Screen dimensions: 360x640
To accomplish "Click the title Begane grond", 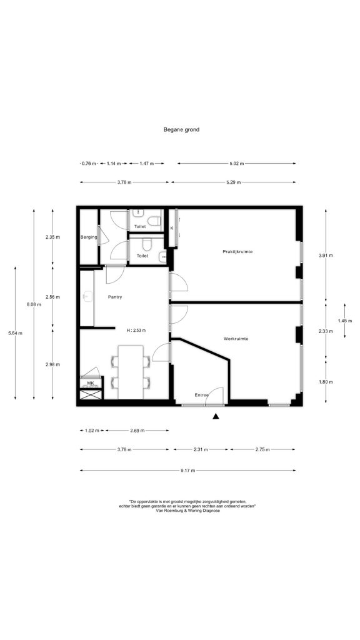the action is [x=181, y=130].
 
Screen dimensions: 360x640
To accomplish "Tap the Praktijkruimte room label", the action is [x=237, y=251].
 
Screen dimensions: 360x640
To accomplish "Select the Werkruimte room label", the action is [x=236, y=338].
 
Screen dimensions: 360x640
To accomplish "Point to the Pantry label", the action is [x=115, y=297].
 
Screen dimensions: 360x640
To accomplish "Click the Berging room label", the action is [x=89, y=237].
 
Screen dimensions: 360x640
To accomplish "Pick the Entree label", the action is [x=202, y=395].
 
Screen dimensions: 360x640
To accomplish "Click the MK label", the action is [x=90, y=383].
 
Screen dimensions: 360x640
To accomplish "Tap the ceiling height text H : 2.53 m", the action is [x=136, y=330].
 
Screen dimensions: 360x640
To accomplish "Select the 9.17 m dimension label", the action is [x=187, y=470].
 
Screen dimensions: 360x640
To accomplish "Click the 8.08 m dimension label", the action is [x=34, y=304].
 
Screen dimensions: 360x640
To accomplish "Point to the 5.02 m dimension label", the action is [x=236, y=163].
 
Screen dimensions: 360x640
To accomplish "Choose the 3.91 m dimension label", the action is [x=325, y=256].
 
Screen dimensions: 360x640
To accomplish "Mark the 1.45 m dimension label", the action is [x=345, y=321].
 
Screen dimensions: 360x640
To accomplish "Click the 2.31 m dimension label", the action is [x=201, y=449].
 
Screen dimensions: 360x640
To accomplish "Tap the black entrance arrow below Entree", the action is [x=216, y=416].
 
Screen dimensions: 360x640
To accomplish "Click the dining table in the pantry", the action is [x=131, y=372].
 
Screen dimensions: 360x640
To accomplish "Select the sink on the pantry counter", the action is [x=87, y=295].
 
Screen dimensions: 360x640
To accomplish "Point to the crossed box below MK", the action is [x=90, y=394].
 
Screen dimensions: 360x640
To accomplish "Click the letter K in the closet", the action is [x=172, y=228].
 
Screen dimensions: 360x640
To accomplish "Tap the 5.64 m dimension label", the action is [x=15, y=333].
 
